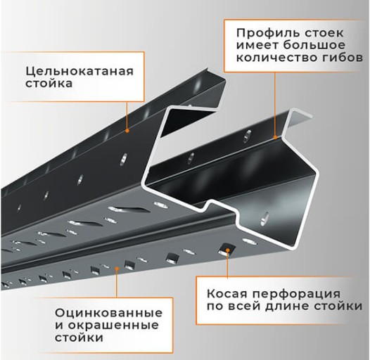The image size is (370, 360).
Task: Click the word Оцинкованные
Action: pos(108,312)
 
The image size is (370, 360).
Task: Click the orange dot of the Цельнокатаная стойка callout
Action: pos(127,129)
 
